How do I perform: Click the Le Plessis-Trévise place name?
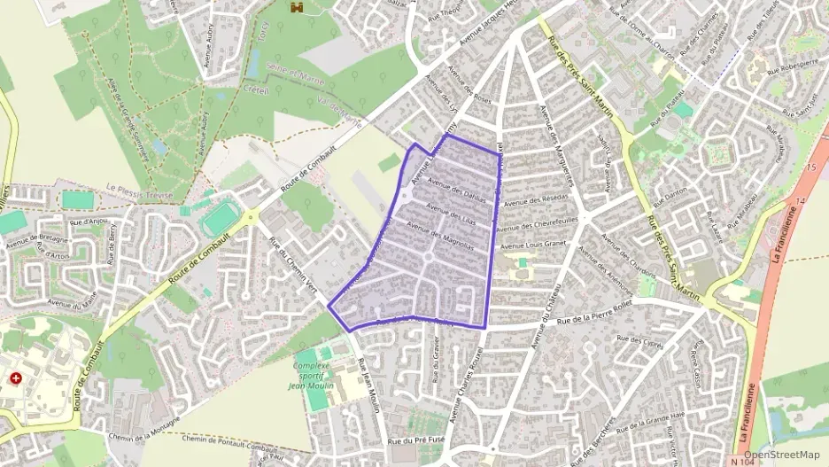coord(141,188)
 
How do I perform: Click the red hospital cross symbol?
coord(16,378)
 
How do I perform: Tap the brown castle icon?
coord(296,7)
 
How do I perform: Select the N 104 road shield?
coord(743,461)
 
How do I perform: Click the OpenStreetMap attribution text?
coord(782,455)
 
